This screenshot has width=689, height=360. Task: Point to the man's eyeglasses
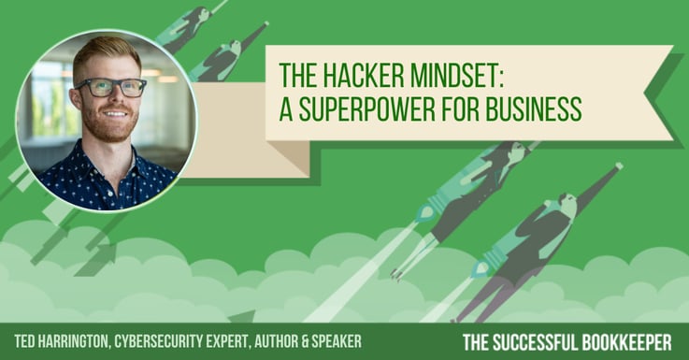coord(111,88)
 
